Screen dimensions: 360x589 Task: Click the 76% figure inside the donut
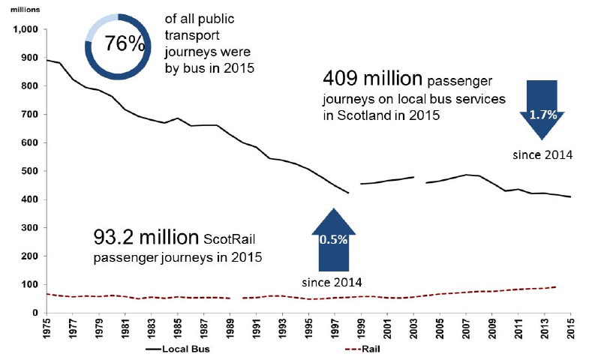(x=124, y=43)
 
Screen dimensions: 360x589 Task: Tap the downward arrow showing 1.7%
(x=541, y=109)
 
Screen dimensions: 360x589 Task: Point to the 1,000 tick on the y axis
(x=25, y=30)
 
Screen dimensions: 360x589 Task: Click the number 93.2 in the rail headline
(x=116, y=238)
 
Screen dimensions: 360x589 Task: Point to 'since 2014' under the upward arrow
(x=332, y=282)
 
